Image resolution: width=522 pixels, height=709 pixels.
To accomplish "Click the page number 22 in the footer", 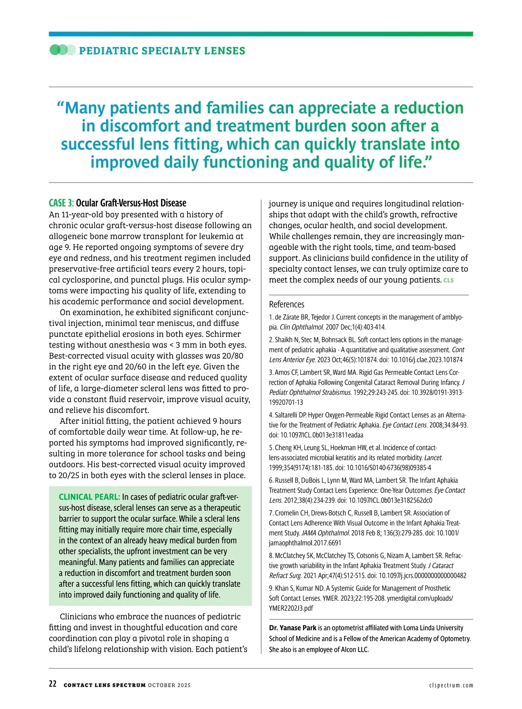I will click(x=53, y=684).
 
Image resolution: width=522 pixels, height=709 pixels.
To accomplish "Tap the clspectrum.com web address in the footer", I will click(x=451, y=686).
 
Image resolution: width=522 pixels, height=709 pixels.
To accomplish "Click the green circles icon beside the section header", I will click(x=62, y=50).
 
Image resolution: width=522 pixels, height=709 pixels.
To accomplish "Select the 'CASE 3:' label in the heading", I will click(x=61, y=203).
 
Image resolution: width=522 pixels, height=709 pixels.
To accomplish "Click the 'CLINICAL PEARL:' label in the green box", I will click(x=89, y=497).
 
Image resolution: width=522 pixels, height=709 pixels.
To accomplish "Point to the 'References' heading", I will click(x=286, y=304).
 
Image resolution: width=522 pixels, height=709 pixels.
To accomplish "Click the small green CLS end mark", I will click(x=448, y=280).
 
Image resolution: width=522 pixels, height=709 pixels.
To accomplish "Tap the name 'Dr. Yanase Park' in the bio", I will click(x=293, y=628).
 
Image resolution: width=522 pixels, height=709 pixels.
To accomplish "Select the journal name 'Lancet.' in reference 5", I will click(x=433, y=458).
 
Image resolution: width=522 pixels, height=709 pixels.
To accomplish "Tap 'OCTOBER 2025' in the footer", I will click(x=169, y=686).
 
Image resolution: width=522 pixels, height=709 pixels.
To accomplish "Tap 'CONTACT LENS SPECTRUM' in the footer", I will click(x=104, y=686).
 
